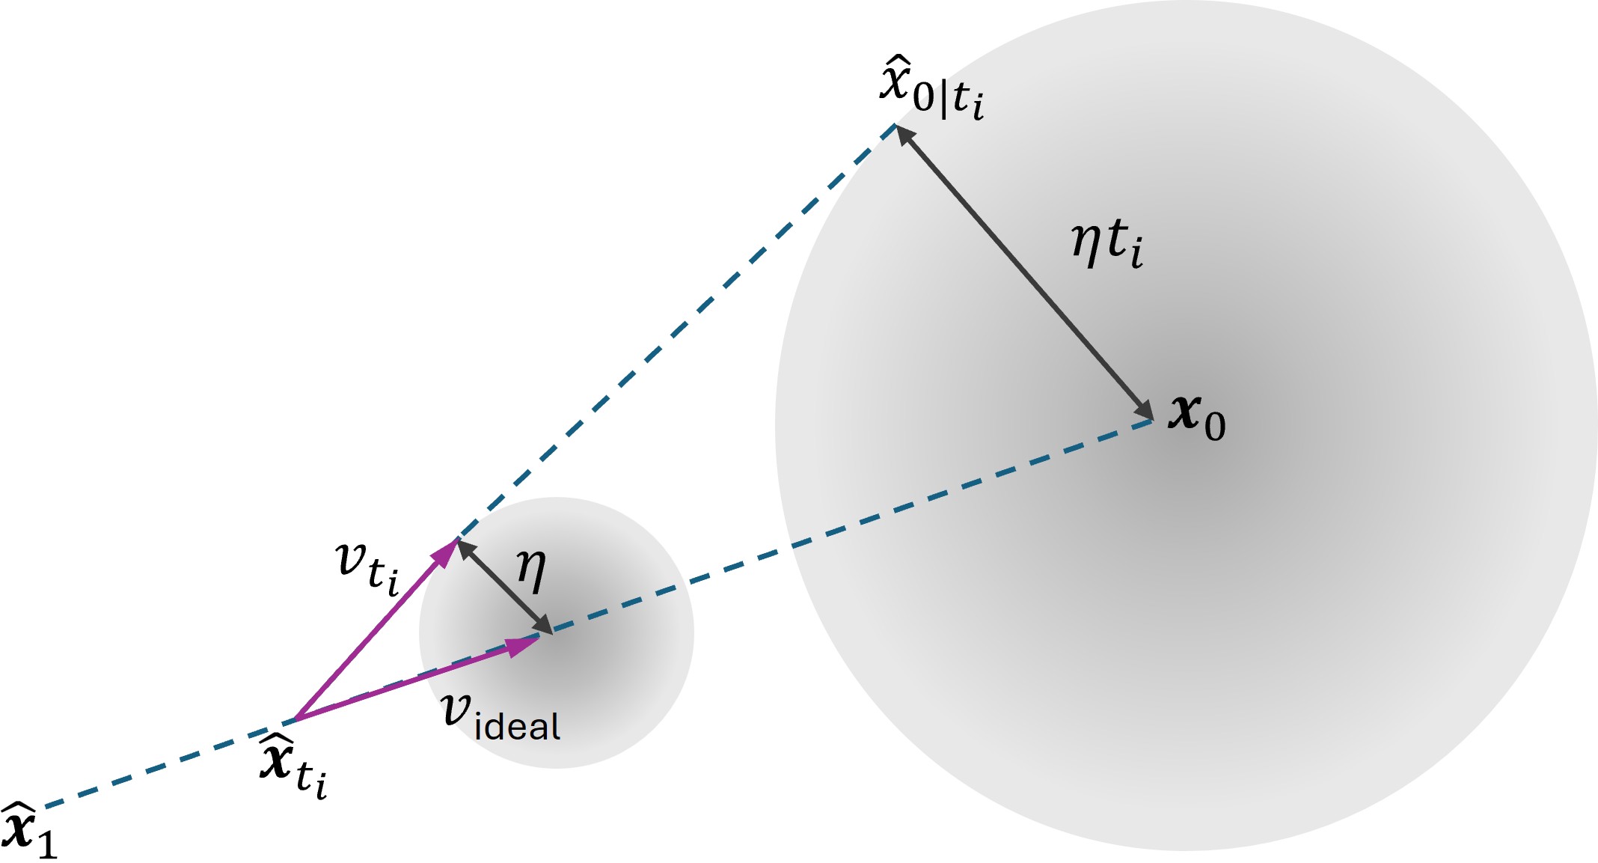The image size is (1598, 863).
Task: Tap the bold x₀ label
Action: pos(1196,417)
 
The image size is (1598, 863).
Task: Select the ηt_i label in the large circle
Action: pos(1106,243)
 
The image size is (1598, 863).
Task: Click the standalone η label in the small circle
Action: pos(531,570)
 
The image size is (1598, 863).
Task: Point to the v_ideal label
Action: pos(500,717)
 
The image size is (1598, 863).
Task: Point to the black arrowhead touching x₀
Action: pos(1144,411)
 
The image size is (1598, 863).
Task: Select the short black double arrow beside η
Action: pos(503,586)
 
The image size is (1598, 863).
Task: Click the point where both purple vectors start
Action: pos(296,719)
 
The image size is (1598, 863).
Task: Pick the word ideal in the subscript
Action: pos(517,727)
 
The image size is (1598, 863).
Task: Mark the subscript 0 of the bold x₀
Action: pos(1215,427)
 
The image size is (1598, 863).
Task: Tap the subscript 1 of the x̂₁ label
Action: pos(47,844)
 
